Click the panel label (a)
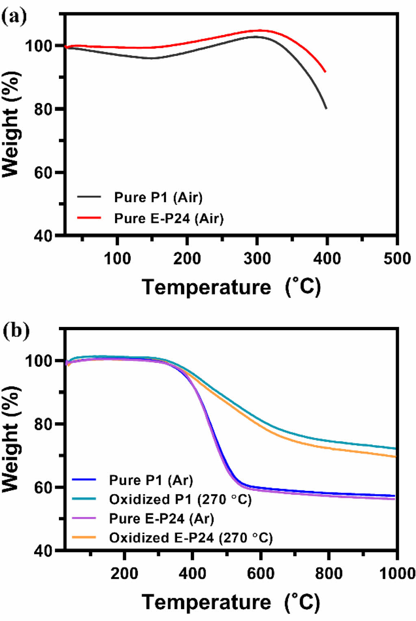(x=14, y=17)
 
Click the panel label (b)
(x=16, y=331)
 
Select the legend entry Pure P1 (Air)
(x=158, y=197)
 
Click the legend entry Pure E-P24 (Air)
(x=169, y=218)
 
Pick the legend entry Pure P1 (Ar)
(x=151, y=480)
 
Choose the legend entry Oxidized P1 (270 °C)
(x=180, y=499)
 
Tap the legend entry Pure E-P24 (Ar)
(x=161, y=519)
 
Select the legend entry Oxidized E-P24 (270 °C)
(x=191, y=538)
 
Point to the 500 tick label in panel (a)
(x=396, y=259)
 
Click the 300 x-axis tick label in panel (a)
(x=257, y=259)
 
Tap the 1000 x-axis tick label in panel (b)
(x=396, y=573)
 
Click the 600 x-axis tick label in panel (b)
(x=260, y=573)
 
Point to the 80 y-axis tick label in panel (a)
(x=43, y=109)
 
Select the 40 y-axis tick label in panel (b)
(x=43, y=551)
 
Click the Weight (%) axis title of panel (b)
(x=11, y=439)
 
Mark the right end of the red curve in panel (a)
(x=325, y=72)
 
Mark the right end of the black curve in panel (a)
(x=326, y=108)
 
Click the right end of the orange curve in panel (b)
(x=395, y=457)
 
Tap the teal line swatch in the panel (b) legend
(x=84, y=499)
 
